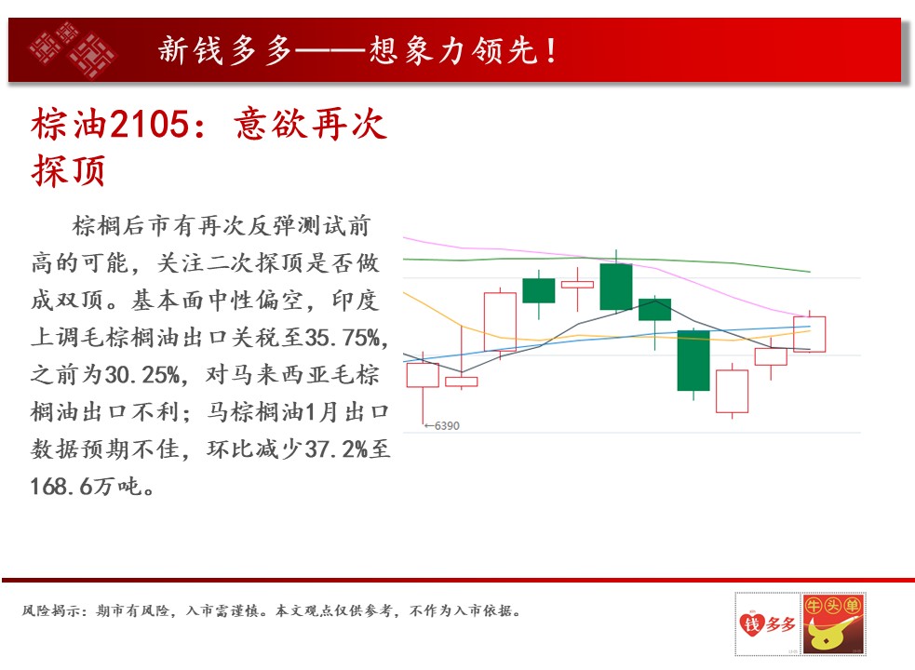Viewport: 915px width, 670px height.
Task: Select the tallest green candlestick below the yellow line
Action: tap(693, 361)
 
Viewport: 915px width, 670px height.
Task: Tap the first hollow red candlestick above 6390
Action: tap(423, 375)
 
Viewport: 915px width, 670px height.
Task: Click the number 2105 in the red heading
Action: tap(150, 125)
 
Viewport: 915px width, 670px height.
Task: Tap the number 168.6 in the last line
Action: tap(61, 487)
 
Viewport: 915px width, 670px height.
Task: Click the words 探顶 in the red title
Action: tap(68, 170)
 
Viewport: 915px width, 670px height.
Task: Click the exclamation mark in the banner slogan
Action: tap(551, 50)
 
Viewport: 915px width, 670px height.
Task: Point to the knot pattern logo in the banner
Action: tap(73, 50)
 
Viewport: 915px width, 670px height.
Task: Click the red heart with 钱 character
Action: tap(751, 624)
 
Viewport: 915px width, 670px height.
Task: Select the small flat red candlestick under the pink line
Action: tap(577, 284)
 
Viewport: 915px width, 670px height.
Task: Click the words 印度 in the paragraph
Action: tap(356, 301)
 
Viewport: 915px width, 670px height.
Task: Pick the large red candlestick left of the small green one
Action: tap(500, 322)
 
